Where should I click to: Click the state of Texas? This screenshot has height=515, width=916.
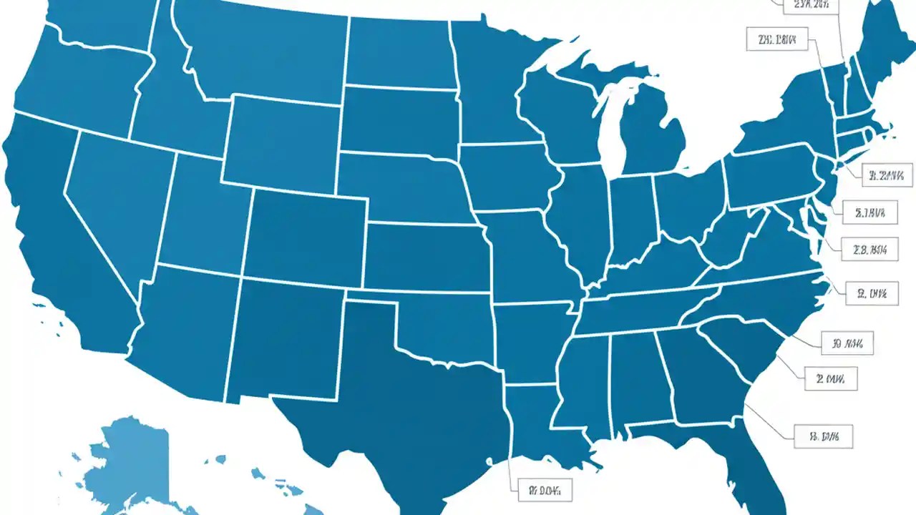(401, 386)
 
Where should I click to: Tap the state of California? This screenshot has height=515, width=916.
(64, 236)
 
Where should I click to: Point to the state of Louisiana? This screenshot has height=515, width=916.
(537, 422)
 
